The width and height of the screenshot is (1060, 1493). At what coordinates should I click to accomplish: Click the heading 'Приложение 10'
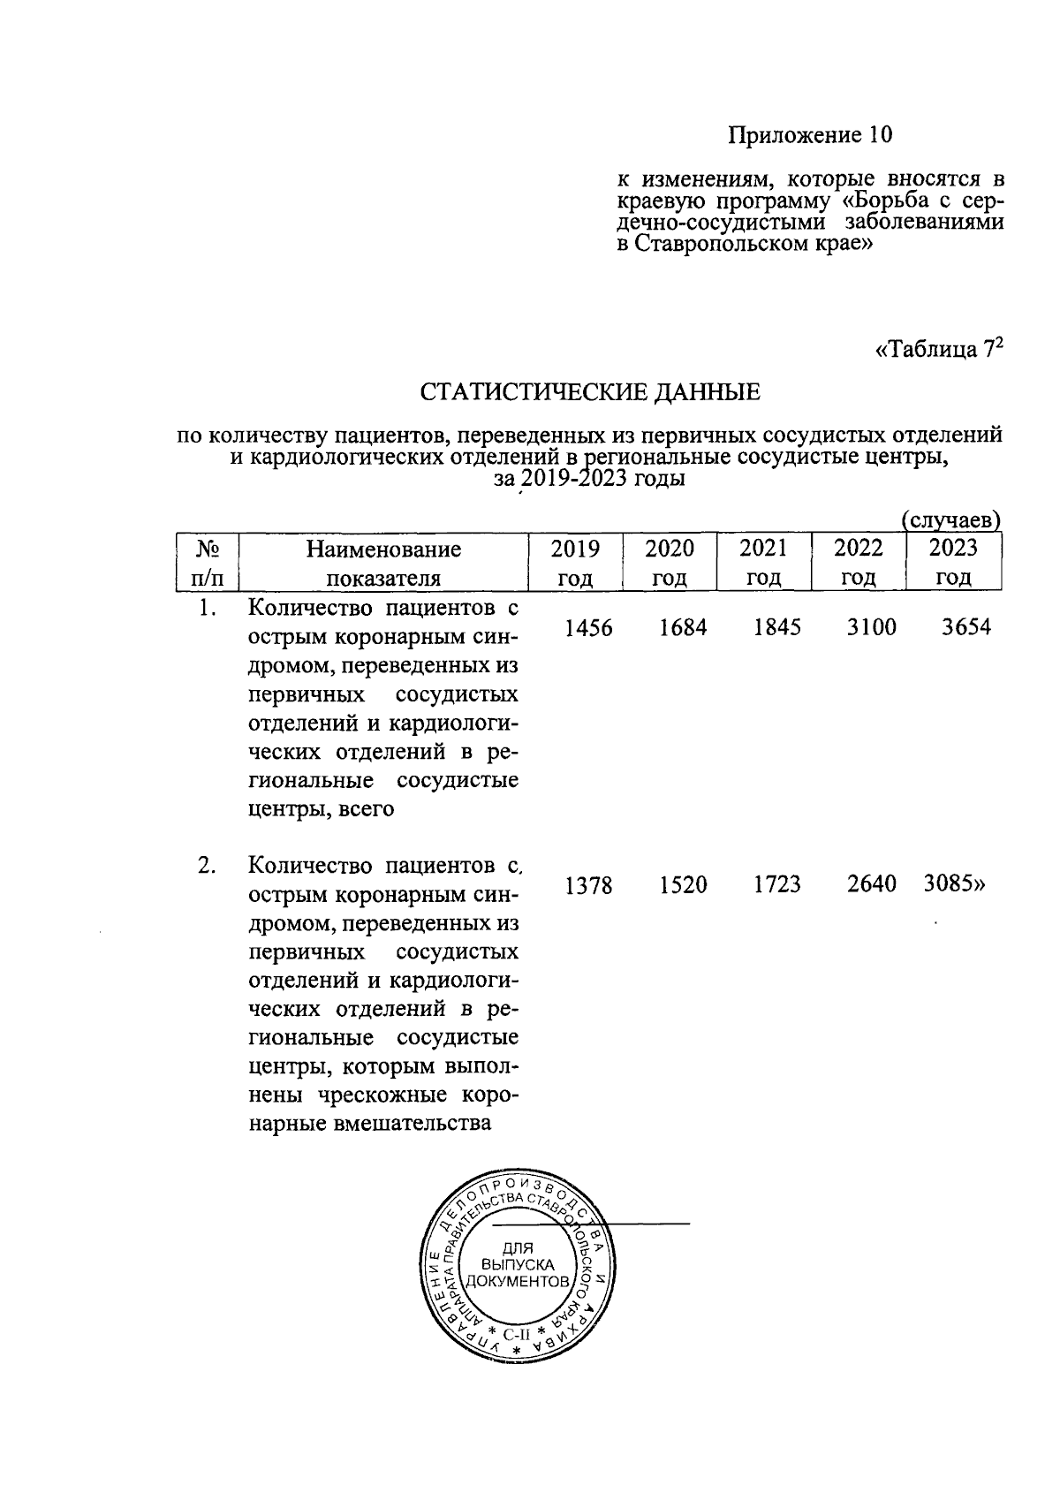point(809,135)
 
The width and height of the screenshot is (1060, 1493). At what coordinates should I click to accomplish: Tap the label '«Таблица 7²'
point(939,350)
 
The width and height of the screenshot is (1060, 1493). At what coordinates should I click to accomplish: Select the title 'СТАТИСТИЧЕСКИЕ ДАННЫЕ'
point(589,392)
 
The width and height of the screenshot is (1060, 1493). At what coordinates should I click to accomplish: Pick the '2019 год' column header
point(575,563)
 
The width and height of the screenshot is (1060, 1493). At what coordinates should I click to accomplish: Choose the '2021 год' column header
point(763,563)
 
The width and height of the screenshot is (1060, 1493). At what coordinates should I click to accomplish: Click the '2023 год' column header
point(953,563)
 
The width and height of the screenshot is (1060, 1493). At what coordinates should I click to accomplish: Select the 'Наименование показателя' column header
point(383,564)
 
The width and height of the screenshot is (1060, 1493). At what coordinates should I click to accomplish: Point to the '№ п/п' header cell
point(208,563)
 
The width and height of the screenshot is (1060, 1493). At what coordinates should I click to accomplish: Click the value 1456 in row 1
point(588,627)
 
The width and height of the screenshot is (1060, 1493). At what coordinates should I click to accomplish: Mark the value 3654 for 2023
point(965,627)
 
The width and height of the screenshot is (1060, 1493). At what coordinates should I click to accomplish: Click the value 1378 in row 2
point(588,884)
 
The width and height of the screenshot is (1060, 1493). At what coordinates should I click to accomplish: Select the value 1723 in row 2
point(777,884)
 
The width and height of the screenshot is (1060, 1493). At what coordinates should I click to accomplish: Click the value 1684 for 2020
point(683,627)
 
